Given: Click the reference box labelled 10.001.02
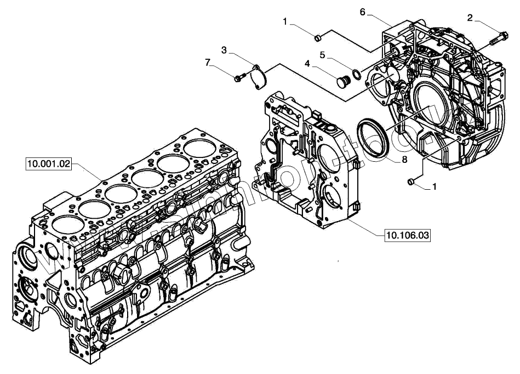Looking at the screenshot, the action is click(x=49, y=163).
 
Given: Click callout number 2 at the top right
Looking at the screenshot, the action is click(x=470, y=18).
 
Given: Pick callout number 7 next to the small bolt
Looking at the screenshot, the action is click(x=208, y=63).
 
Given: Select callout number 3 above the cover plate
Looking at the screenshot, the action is click(x=224, y=50).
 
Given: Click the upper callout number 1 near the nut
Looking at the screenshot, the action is click(x=285, y=21).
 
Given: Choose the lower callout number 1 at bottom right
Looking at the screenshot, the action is click(x=435, y=186).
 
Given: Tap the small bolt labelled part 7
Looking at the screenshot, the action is click(x=238, y=79).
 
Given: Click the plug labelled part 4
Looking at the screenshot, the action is click(x=344, y=81).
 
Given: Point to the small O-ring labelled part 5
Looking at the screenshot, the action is click(x=356, y=73).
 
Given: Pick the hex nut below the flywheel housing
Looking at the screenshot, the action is click(x=412, y=180).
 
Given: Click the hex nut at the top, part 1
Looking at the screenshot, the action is click(x=317, y=37).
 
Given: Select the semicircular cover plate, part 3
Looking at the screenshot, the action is click(x=258, y=76).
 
